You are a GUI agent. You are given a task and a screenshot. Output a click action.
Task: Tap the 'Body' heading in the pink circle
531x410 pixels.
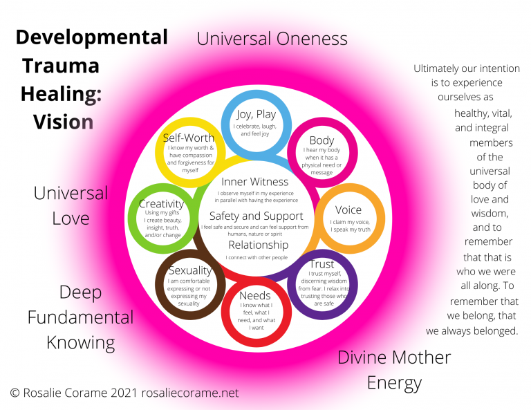click(322, 141)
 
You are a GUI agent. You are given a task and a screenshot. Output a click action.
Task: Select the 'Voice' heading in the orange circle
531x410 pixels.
click(348, 210)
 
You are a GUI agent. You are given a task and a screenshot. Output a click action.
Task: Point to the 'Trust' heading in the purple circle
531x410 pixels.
click(322, 264)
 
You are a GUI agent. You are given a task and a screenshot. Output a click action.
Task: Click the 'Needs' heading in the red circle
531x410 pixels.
click(254, 296)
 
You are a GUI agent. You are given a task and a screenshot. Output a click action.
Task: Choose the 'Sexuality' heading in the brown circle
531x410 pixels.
click(190, 270)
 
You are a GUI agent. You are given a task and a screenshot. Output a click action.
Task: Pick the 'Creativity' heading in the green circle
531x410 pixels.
click(161, 204)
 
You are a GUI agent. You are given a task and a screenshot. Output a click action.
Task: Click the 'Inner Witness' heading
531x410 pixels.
click(254, 182)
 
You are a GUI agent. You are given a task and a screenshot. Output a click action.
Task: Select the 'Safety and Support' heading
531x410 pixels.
click(256, 216)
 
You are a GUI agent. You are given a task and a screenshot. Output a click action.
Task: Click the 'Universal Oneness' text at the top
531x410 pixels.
click(272, 38)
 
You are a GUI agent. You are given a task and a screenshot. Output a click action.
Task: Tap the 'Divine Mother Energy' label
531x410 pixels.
click(394, 369)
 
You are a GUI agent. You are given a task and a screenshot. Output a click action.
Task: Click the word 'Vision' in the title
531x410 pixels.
click(63, 122)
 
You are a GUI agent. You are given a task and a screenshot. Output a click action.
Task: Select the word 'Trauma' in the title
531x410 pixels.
click(61, 66)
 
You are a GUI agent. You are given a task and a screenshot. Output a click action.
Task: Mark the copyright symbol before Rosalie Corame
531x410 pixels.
click(15, 393)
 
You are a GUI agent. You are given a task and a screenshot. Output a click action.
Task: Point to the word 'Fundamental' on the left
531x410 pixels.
click(81, 317)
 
